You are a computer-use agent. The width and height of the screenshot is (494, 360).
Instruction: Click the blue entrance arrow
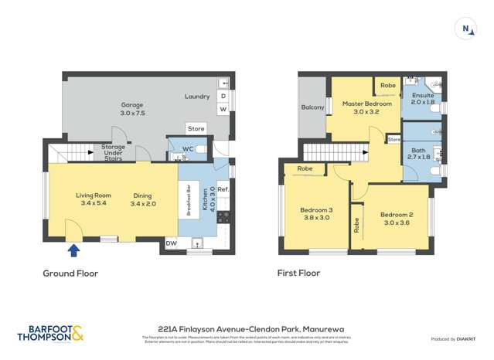coord(73,250)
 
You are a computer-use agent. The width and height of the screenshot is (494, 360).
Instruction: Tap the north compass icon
coord(466,29)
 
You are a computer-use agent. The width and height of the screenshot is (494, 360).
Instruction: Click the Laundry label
coord(197,97)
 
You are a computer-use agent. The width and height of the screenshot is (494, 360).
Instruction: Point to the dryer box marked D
coord(223,97)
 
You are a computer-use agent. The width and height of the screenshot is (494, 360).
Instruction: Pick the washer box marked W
coord(223,110)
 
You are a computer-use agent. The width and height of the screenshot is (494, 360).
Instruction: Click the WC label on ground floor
coord(186,148)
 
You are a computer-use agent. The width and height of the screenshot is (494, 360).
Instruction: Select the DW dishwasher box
coord(171,243)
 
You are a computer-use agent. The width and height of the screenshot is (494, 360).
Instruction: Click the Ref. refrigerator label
coord(223,189)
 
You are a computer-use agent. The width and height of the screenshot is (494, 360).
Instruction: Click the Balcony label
coord(312,107)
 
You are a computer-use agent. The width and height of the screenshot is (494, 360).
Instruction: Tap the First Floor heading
coord(298,273)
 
